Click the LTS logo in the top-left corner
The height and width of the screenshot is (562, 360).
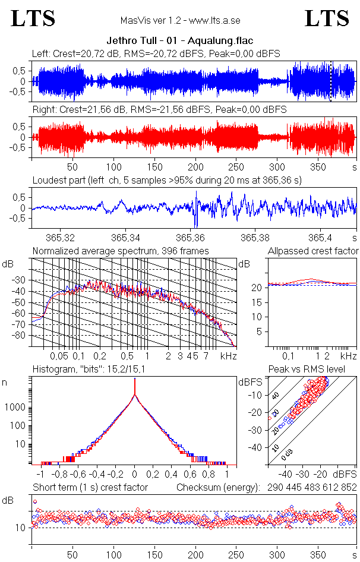[x=33, y=18]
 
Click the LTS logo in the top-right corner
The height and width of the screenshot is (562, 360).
[x=327, y=18]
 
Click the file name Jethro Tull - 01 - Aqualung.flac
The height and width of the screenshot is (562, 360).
[x=180, y=41]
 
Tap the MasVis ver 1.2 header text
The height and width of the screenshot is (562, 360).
[x=180, y=21]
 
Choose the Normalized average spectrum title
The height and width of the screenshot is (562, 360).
[x=121, y=251]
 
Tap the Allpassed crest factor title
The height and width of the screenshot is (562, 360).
[x=313, y=251]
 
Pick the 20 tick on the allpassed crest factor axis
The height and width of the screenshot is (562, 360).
[x=258, y=288]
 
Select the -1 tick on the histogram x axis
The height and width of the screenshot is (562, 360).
[x=40, y=475]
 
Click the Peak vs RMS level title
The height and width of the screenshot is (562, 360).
[x=314, y=370]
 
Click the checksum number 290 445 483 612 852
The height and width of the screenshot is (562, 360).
[x=307, y=487]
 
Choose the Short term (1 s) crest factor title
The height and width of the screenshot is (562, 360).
[x=90, y=487]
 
